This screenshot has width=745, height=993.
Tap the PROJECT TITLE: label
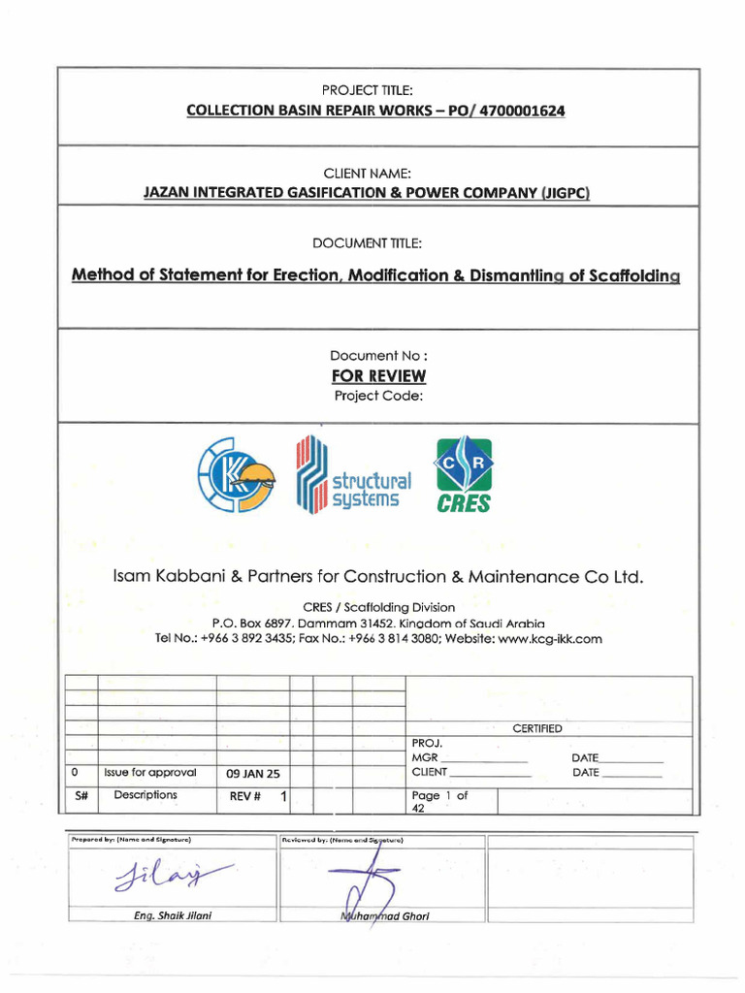tap(374, 89)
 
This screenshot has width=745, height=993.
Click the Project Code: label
tap(378, 395)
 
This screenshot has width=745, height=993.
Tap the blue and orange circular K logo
tap(237, 474)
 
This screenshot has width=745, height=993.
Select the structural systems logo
tap(353, 475)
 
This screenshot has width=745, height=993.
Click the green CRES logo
tap(463, 474)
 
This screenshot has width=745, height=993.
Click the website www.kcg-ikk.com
tap(550, 639)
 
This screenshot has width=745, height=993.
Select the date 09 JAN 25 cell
tap(252, 774)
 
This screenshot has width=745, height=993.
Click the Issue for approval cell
tap(150, 773)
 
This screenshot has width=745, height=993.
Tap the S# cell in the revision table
tap(81, 795)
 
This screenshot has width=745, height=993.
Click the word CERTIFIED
tap(536, 728)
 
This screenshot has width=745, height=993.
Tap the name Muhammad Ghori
tap(384, 916)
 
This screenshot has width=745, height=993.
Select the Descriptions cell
tap(146, 795)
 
